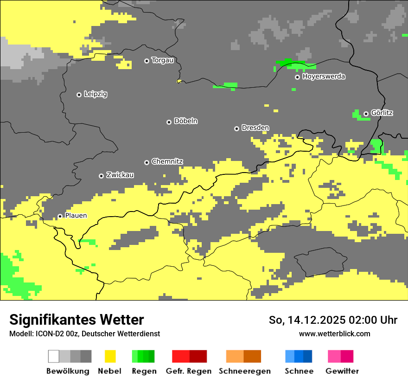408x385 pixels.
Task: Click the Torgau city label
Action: (x=162, y=60)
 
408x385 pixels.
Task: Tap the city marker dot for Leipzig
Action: (x=79, y=95)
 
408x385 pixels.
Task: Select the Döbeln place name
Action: (x=185, y=121)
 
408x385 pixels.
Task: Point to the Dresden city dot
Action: (x=236, y=128)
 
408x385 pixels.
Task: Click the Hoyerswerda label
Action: (x=324, y=77)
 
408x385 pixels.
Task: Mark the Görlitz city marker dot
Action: (x=366, y=114)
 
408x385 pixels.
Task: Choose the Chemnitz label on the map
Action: (x=167, y=162)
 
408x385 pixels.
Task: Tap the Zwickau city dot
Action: (x=101, y=176)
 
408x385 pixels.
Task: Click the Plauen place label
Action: (x=76, y=216)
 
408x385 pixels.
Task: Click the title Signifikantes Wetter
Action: (x=76, y=320)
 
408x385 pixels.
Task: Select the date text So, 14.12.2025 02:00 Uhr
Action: (x=333, y=320)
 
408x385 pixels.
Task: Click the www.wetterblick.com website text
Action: (x=334, y=334)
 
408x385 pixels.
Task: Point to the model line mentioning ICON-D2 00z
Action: (x=84, y=334)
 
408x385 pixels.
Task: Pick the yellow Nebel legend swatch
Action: (x=110, y=356)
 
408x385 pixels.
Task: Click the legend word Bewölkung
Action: (x=68, y=371)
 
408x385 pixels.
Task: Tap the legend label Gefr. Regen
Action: (x=189, y=371)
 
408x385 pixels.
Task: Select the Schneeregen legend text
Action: (x=244, y=371)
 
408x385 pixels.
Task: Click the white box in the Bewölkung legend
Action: (x=54, y=356)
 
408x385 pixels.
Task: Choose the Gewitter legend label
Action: (x=342, y=371)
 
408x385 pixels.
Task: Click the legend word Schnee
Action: (x=299, y=371)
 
